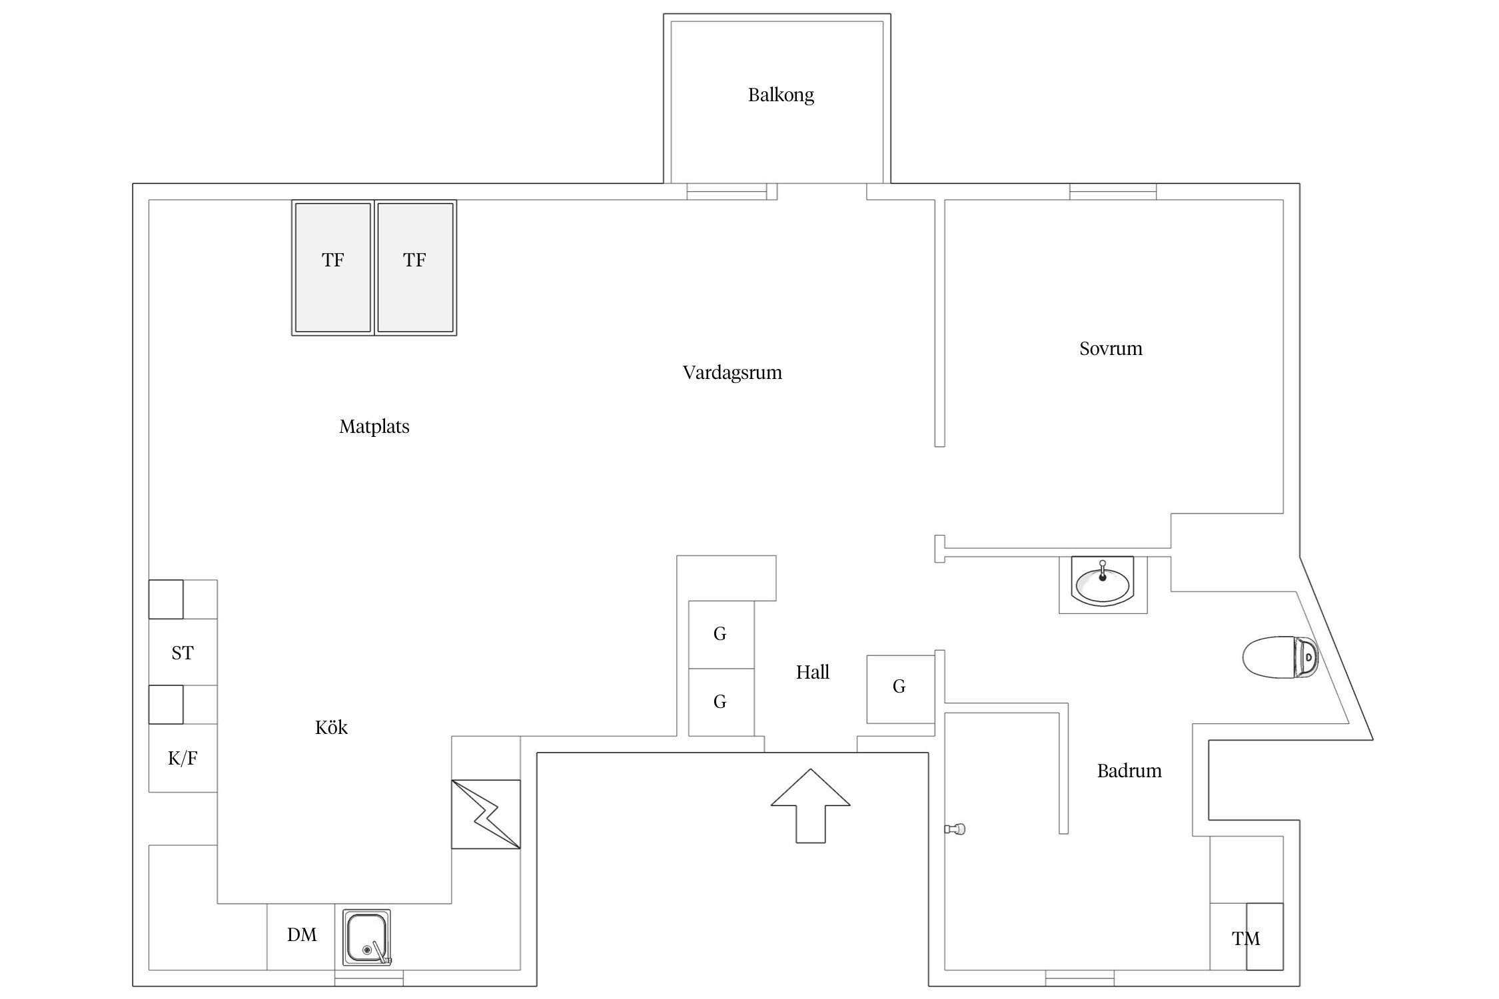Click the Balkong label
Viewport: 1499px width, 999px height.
pyautogui.click(x=781, y=95)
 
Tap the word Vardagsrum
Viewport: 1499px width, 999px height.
pyautogui.click(x=732, y=372)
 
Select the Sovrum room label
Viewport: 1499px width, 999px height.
pyautogui.click(x=1111, y=348)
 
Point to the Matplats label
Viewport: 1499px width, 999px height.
pyautogui.click(x=374, y=426)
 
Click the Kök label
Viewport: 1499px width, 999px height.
pyautogui.click(x=331, y=727)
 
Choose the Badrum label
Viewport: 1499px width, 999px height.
pyautogui.click(x=1129, y=771)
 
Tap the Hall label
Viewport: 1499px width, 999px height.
pyautogui.click(x=813, y=672)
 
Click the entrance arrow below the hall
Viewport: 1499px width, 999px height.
pyautogui.click(x=810, y=806)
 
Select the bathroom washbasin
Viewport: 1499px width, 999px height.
pyautogui.click(x=1102, y=583)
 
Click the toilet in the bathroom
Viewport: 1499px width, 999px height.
pyautogui.click(x=1280, y=657)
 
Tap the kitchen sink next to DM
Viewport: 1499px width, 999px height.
pyautogui.click(x=366, y=937)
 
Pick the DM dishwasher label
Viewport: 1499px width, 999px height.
pyautogui.click(x=302, y=935)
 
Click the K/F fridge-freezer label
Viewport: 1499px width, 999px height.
pyautogui.click(x=183, y=758)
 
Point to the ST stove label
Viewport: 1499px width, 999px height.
pyautogui.click(x=183, y=653)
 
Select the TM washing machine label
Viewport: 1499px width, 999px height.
pyautogui.click(x=1246, y=938)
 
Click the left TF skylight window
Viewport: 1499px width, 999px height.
pyautogui.click(x=332, y=267)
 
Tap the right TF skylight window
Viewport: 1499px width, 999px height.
pyautogui.click(x=415, y=267)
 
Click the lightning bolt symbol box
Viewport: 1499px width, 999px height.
pyautogui.click(x=486, y=814)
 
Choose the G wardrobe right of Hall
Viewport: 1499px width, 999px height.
pyautogui.click(x=899, y=689)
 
